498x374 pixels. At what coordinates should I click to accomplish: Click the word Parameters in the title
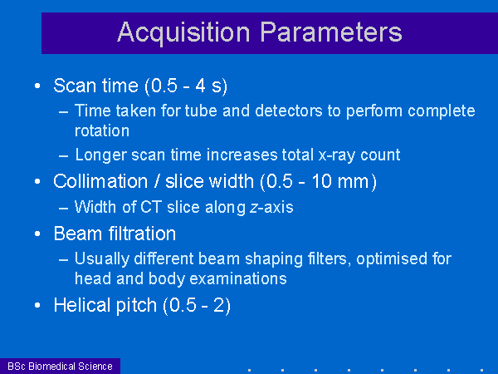pos(331,32)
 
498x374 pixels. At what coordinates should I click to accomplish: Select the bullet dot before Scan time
pos(37,86)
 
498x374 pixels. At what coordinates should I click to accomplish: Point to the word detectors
pos(289,111)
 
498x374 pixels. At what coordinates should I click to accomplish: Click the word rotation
pos(102,130)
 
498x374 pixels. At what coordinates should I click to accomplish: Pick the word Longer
pos(101,155)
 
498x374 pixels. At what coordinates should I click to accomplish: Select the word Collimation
pos(100,181)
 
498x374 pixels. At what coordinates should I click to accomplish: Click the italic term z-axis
pos(271,207)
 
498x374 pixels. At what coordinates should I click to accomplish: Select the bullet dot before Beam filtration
pos(37,234)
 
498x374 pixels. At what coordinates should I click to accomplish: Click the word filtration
pos(142,234)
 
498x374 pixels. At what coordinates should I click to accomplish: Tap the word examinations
pos(238,278)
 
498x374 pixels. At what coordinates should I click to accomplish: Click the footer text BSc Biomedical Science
pos(60,367)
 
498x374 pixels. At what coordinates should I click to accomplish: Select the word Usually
pos(102,259)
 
